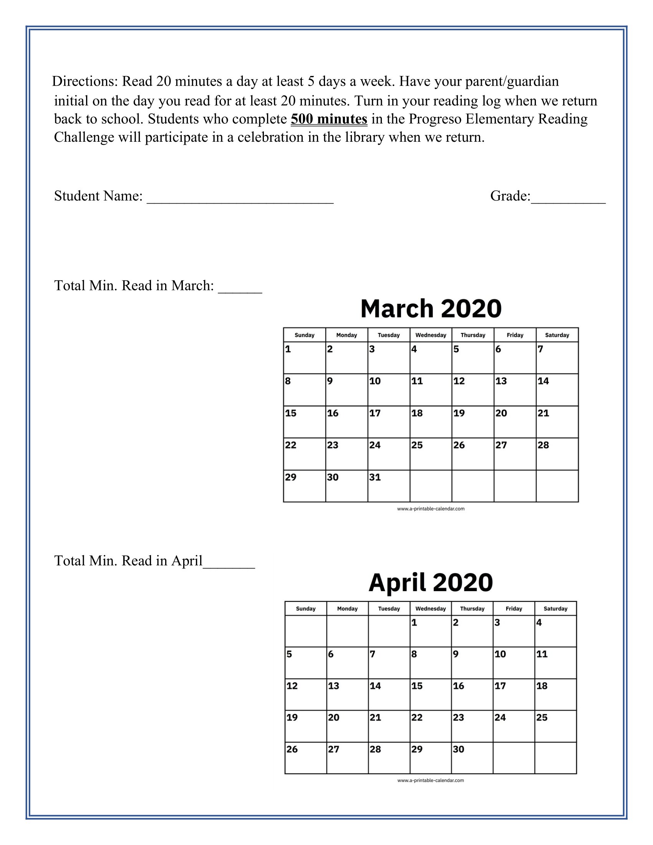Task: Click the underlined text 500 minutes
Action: [x=329, y=119]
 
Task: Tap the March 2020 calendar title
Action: [x=431, y=308]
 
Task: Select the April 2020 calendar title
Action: [x=431, y=582]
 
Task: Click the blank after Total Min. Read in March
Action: [x=240, y=287]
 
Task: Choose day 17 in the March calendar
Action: [x=388, y=421]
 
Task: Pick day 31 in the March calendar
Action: [x=388, y=485]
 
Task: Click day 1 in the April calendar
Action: [x=430, y=631]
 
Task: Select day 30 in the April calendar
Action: [x=472, y=758]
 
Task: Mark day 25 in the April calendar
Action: [x=555, y=726]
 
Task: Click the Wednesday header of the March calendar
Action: [x=431, y=335]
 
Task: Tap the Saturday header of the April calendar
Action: [x=555, y=609]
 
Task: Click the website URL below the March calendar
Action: [x=431, y=509]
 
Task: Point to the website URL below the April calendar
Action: [x=431, y=780]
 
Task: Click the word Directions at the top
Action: [x=85, y=81]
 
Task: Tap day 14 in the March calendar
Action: [x=557, y=389]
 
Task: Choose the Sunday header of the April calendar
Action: [x=306, y=609]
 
